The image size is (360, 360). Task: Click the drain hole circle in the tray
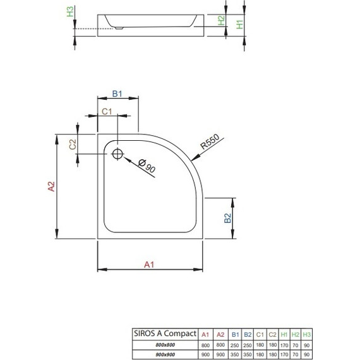pos(117,153)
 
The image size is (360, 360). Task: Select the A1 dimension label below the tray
pos(149,265)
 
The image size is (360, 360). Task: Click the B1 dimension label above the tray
pos(117,93)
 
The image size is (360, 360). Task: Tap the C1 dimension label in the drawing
pos(107,111)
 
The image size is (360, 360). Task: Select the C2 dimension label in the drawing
pos(73,144)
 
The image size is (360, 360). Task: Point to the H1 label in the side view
pos(239,25)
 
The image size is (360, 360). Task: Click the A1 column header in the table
pos(205,333)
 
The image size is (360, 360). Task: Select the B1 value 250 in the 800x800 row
pos(235,344)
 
